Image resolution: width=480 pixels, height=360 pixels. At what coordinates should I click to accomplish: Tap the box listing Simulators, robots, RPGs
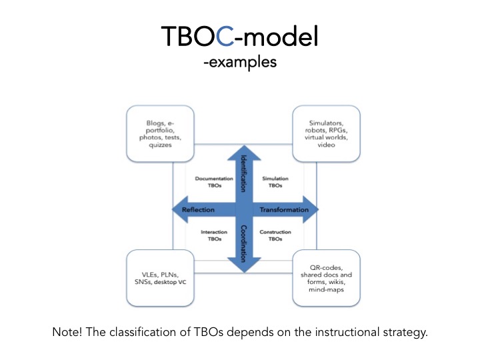pos(321,133)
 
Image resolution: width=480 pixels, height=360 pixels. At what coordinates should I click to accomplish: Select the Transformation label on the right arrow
pos(284,209)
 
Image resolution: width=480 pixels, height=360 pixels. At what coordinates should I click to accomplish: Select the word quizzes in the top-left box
pos(160,145)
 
